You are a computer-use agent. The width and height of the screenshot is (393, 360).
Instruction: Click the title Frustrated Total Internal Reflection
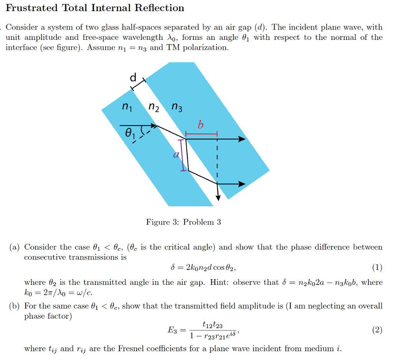[95, 8]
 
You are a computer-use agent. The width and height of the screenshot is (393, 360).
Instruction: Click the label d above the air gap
[133, 78]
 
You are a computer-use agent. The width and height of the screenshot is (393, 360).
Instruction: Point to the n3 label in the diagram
[177, 107]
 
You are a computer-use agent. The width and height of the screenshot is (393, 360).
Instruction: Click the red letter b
[200, 125]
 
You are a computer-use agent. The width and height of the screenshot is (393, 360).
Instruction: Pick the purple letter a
[176, 155]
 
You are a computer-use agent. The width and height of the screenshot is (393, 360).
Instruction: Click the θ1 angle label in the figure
[130, 134]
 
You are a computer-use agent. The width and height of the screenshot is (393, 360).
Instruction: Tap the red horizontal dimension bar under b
[201, 134]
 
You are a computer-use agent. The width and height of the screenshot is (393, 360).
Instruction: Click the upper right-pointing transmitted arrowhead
[242, 139]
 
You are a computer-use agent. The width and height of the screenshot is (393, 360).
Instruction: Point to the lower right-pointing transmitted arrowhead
[242, 184]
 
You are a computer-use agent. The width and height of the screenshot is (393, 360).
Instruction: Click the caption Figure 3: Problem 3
[183, 222]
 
